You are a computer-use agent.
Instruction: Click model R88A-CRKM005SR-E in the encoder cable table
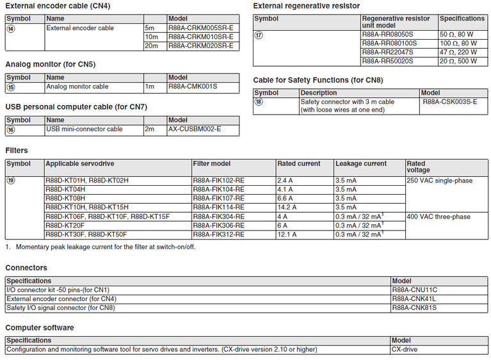[x=200, y=28]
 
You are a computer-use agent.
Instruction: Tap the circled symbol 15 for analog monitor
[x=10, y=86]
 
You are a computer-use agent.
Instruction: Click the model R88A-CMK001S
[x=193, y=86]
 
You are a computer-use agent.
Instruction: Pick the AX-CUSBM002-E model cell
[x=195, y=129]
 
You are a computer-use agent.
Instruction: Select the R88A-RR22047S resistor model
[x=387, y=52]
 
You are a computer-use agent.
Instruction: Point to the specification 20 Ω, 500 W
[x=458, y=61]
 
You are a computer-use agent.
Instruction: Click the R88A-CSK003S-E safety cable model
[x=450, y=102]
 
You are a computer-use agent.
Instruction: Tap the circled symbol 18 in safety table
[x=259, y=102]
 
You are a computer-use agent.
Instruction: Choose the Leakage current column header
[x=361, y=163]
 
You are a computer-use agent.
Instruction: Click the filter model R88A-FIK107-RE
[x=218, y=199]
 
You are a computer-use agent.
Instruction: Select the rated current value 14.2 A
[x=287, y=208]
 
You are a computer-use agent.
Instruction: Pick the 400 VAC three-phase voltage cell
[x=438, y=217]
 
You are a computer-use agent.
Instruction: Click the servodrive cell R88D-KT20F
[x=65, y=225]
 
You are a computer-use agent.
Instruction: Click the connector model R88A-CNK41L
[x=414, y=299]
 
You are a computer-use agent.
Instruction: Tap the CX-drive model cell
[x=405, y=349]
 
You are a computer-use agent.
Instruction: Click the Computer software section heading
[x=40, y=327]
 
